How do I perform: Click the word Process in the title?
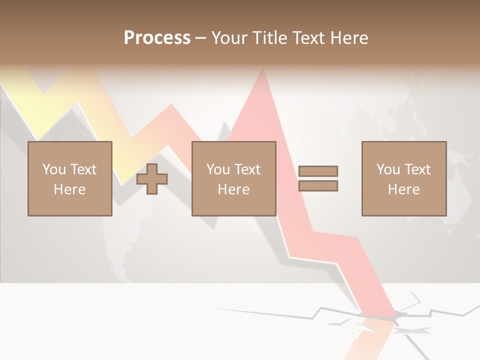coord(157,38)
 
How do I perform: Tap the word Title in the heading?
coord(269,38)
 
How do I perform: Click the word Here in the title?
coord(350,38)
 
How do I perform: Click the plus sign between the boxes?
coord(152,179)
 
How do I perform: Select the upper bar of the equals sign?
coord(318,171)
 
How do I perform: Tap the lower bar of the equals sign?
coord(318,186)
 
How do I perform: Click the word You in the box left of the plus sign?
coord(53,169)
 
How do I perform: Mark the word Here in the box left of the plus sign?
coord(69,189)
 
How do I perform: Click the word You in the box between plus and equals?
coord(218,169)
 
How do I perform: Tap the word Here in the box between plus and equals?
coord(233,189)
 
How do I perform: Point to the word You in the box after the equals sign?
coord(388,169)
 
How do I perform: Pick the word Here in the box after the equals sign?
coord(403,189)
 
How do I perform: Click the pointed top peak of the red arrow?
coord(262,70)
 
